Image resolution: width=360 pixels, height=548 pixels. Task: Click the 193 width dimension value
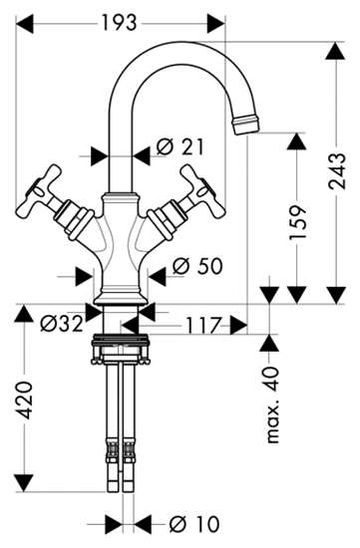119,23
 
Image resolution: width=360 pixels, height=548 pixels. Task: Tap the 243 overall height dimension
338,171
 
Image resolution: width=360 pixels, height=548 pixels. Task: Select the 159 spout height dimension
297,222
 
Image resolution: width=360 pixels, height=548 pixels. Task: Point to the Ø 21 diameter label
180,147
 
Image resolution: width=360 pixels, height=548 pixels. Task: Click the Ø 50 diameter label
197,266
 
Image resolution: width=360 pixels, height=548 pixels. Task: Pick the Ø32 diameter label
62,323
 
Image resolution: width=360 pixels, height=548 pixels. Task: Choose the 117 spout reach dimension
204,326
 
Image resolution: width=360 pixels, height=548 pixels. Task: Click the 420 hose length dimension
25,401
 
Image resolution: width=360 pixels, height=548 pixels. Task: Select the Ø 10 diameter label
194,524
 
